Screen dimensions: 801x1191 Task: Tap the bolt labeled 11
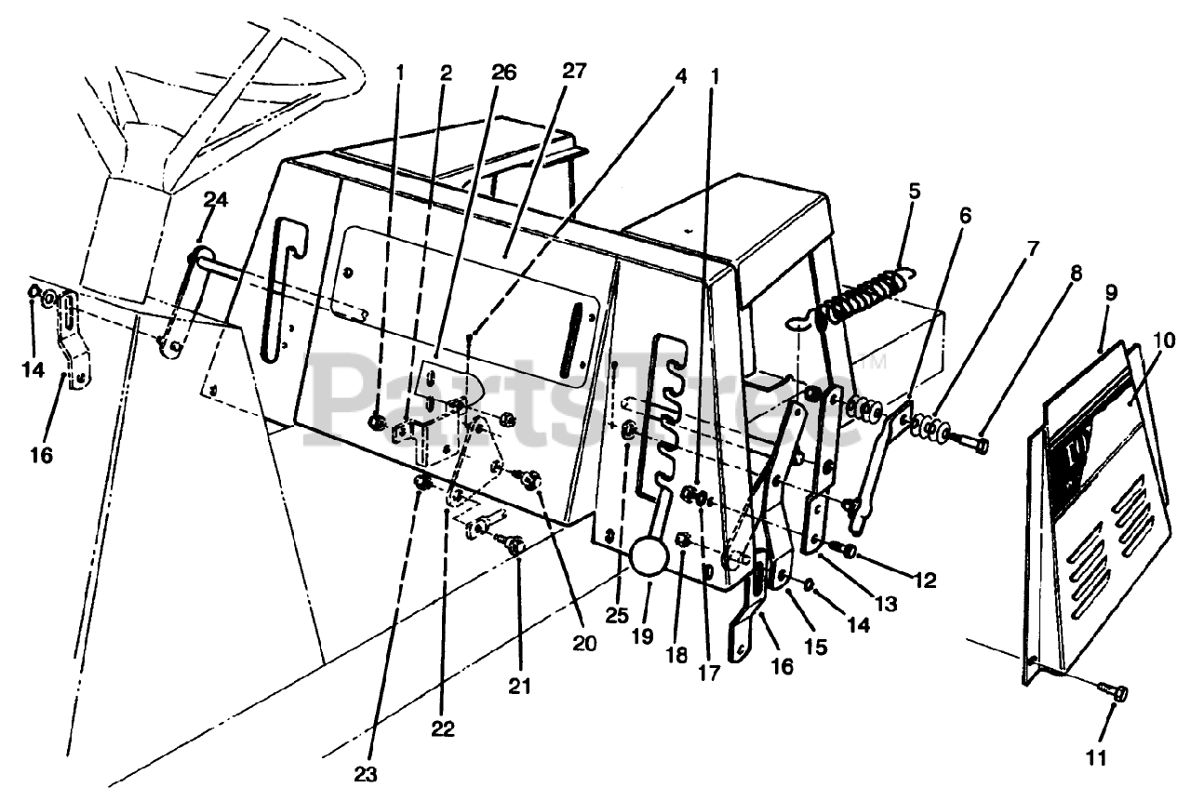click(1116, 693)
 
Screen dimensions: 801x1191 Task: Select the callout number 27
click(574, 72)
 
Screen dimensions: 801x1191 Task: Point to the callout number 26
click(505, 72)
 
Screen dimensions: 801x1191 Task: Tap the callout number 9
click(1110, 292)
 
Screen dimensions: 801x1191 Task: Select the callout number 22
click(444, 729)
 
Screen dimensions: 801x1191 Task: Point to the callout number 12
click(925, 580)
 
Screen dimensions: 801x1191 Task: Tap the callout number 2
click(447, 72)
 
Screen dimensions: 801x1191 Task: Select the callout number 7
click(1030, 251)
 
